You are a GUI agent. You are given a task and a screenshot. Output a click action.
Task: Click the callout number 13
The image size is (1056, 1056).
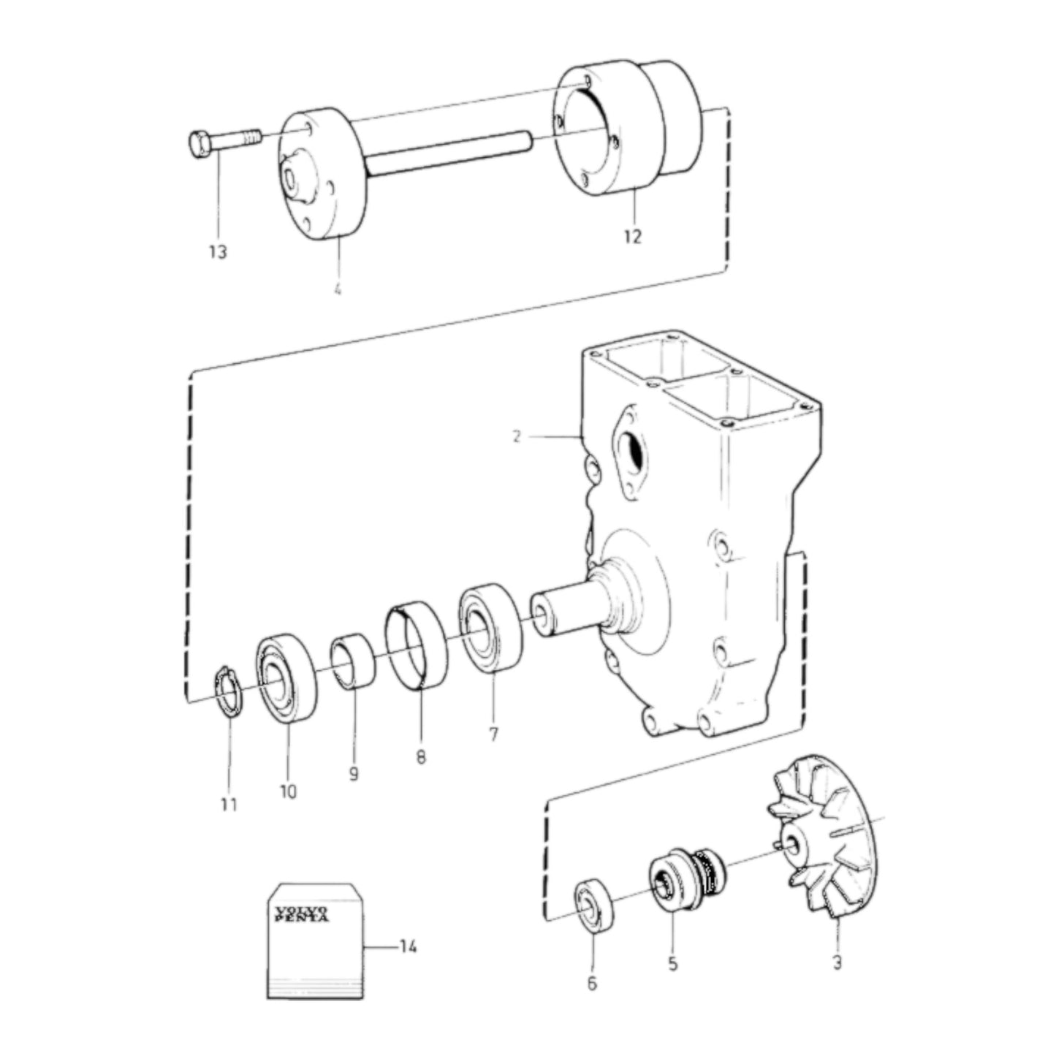pos(218,252)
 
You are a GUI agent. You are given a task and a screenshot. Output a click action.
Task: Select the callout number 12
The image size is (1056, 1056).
pos(633,237)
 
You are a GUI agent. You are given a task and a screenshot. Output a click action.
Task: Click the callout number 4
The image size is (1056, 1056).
pos(337,290)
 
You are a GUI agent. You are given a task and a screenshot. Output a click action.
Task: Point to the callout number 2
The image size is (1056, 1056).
pos(517,437)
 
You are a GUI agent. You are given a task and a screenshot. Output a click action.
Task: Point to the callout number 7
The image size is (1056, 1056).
pos(494,734)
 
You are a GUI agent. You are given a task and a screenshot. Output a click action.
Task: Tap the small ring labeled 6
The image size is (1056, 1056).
pos(593,908)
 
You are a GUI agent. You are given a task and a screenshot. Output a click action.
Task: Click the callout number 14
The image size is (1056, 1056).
pos(408,947)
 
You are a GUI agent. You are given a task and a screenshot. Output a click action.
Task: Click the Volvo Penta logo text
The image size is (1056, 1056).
pos(301,914)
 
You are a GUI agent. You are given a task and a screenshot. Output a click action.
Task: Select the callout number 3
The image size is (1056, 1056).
pos(837,962)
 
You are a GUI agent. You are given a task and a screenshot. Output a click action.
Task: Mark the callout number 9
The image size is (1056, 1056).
pos(354,773)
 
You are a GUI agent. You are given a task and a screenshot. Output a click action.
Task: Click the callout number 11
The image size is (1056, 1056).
pos(229,805)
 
